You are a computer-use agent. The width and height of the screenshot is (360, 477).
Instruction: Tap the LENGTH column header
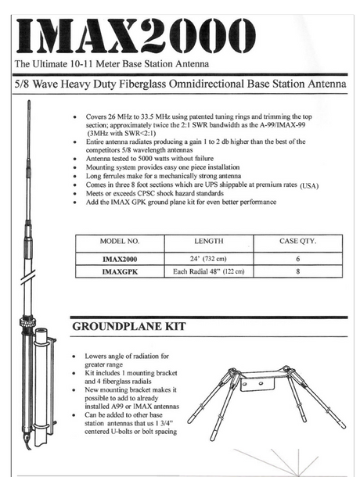(x=209, y=242)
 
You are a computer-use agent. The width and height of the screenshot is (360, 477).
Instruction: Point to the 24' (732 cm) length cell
(x=209, y=257)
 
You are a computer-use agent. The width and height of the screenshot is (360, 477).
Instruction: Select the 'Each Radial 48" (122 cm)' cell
(x=209, y=272)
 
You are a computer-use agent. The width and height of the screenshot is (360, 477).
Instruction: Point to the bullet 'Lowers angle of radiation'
(x=125, y=357)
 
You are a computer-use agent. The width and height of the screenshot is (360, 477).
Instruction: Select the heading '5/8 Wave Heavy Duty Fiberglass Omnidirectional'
(x=179, y=83)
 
